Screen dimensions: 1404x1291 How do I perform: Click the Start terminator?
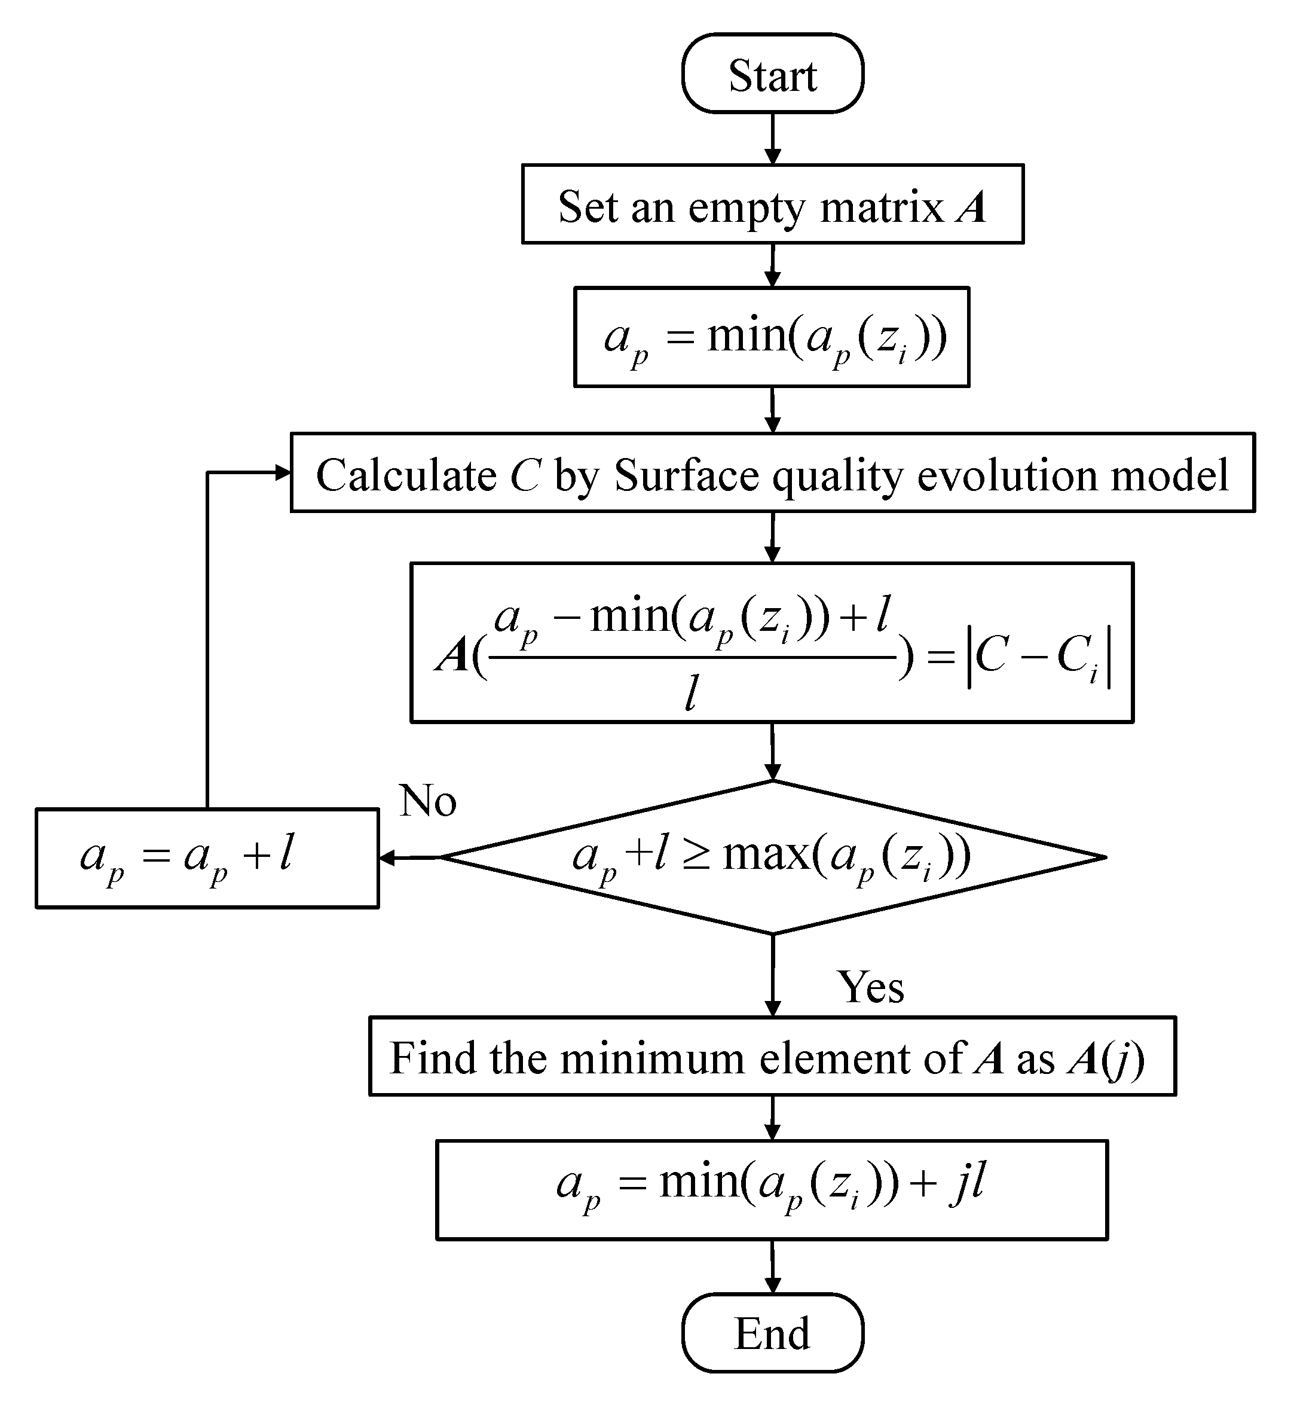tap(773, 74)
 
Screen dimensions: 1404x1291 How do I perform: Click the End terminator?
tap(773, 1333)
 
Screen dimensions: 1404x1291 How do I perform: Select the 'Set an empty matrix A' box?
tap(773, 204)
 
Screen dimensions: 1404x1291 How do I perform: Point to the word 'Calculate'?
tap(406, 475)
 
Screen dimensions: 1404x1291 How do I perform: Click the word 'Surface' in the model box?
tap(686, 475)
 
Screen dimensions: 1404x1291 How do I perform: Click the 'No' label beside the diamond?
tap(427, 800)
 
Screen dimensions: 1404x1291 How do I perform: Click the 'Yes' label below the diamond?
tap(870, 987)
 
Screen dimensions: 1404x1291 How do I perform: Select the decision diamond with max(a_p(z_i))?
tap(773, 857)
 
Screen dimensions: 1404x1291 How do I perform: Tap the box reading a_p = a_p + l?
tap(207, 858)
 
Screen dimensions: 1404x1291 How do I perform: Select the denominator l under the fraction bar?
tap(690, 695)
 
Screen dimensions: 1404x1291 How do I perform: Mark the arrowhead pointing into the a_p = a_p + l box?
tap(386, 857)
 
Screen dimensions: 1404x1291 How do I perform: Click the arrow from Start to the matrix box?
tap(773, 138)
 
